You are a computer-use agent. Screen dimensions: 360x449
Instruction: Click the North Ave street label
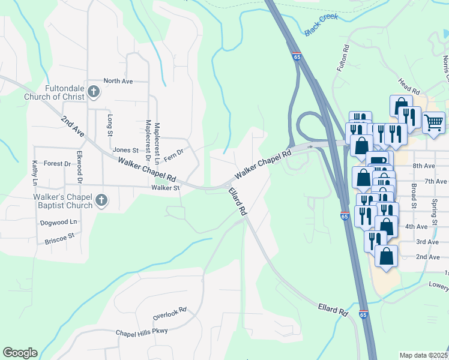(x=118, y=81)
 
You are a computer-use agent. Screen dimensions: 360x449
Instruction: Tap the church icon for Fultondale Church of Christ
(x=93, y=92)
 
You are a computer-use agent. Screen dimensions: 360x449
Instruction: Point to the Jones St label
(x=125, y=150)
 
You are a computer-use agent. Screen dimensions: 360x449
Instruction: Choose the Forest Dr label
(x=57, y=163)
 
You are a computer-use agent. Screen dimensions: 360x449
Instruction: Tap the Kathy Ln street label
(x=35, y=173)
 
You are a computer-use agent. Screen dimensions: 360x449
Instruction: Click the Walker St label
(x=166, y=188)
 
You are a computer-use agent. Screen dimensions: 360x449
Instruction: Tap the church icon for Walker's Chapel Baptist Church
(x=101, y=201)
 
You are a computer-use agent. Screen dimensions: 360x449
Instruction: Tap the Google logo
(x=20, y=353)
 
